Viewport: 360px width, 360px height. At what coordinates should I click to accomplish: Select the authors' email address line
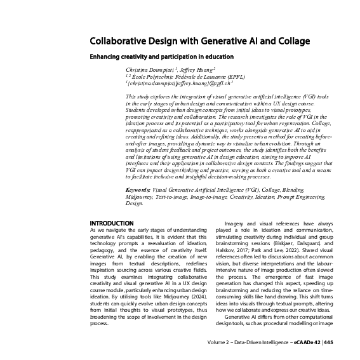pyautogui.click(x=180, y=82)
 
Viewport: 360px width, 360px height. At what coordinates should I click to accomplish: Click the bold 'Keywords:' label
pyautogui.click(x=138, y=190)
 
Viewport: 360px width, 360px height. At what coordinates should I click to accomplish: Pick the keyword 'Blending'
pyautogui.click(x=291, y=190)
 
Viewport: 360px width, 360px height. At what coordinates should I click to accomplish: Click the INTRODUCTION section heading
pyautogui.click(x=112, y=223)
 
